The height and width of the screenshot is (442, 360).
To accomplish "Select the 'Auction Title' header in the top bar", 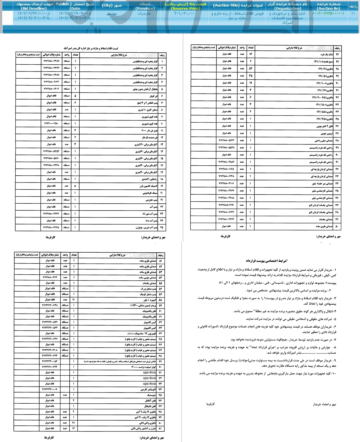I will tap(238, 5).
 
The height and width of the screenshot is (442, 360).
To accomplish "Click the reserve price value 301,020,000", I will tap(184, 13).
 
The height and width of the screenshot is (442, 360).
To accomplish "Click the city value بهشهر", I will tap(112, 13).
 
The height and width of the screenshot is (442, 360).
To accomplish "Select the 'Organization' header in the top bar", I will tap(288, 6).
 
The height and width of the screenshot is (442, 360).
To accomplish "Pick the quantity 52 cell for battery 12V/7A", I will tap(250, 69).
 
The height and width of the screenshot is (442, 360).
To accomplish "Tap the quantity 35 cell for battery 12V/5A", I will tap(250, 76).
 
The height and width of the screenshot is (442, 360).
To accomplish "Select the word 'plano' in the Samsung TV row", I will tap(131, 334).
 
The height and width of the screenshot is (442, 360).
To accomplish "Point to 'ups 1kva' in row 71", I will tap(149, 372).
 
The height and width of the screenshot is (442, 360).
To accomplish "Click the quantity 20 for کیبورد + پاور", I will tap(74, 300).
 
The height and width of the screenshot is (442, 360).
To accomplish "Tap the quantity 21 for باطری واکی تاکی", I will tap(74, 423).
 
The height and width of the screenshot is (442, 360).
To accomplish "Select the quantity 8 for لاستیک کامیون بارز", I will tap(75, 186).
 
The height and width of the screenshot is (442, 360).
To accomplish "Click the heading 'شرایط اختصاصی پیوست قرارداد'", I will tap(267, 261).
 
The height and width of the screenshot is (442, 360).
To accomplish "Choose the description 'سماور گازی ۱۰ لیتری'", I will tap(147, 110).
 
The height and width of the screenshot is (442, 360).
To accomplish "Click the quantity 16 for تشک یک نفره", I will tap(250, 54).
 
